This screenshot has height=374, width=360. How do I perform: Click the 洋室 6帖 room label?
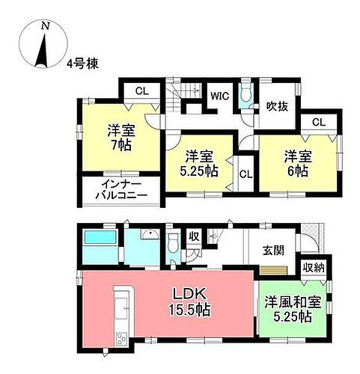tap(293, 162)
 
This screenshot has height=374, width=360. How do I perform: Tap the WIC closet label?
tap(219, 96)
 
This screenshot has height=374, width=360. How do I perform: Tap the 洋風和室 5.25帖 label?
tap(288, 310)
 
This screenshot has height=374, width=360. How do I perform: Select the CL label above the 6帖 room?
tap(318, 122)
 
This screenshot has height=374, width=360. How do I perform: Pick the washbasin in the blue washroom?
tap(148, 236)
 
